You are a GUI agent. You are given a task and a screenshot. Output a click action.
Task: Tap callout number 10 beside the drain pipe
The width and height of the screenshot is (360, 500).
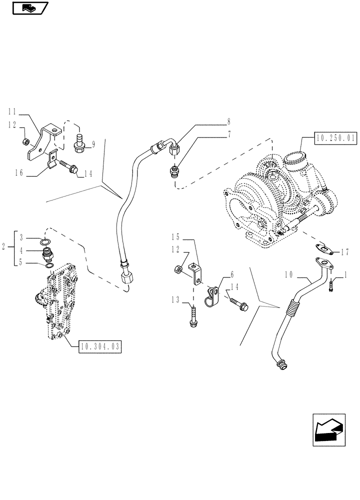289,275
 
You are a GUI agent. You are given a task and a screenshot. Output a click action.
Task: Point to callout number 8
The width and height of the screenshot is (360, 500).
229,121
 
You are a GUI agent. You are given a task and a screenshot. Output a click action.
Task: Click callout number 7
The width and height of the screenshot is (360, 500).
229,134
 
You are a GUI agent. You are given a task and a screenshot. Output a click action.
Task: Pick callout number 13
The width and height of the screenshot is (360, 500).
175,299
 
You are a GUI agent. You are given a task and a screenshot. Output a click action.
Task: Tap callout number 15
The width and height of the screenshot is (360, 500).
175,236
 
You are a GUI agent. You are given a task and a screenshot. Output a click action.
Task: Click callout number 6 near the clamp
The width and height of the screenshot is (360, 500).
232,274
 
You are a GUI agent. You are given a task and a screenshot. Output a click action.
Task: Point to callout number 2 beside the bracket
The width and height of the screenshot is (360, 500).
4,247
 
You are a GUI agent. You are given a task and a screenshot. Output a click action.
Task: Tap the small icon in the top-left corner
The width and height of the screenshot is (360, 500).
28,7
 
